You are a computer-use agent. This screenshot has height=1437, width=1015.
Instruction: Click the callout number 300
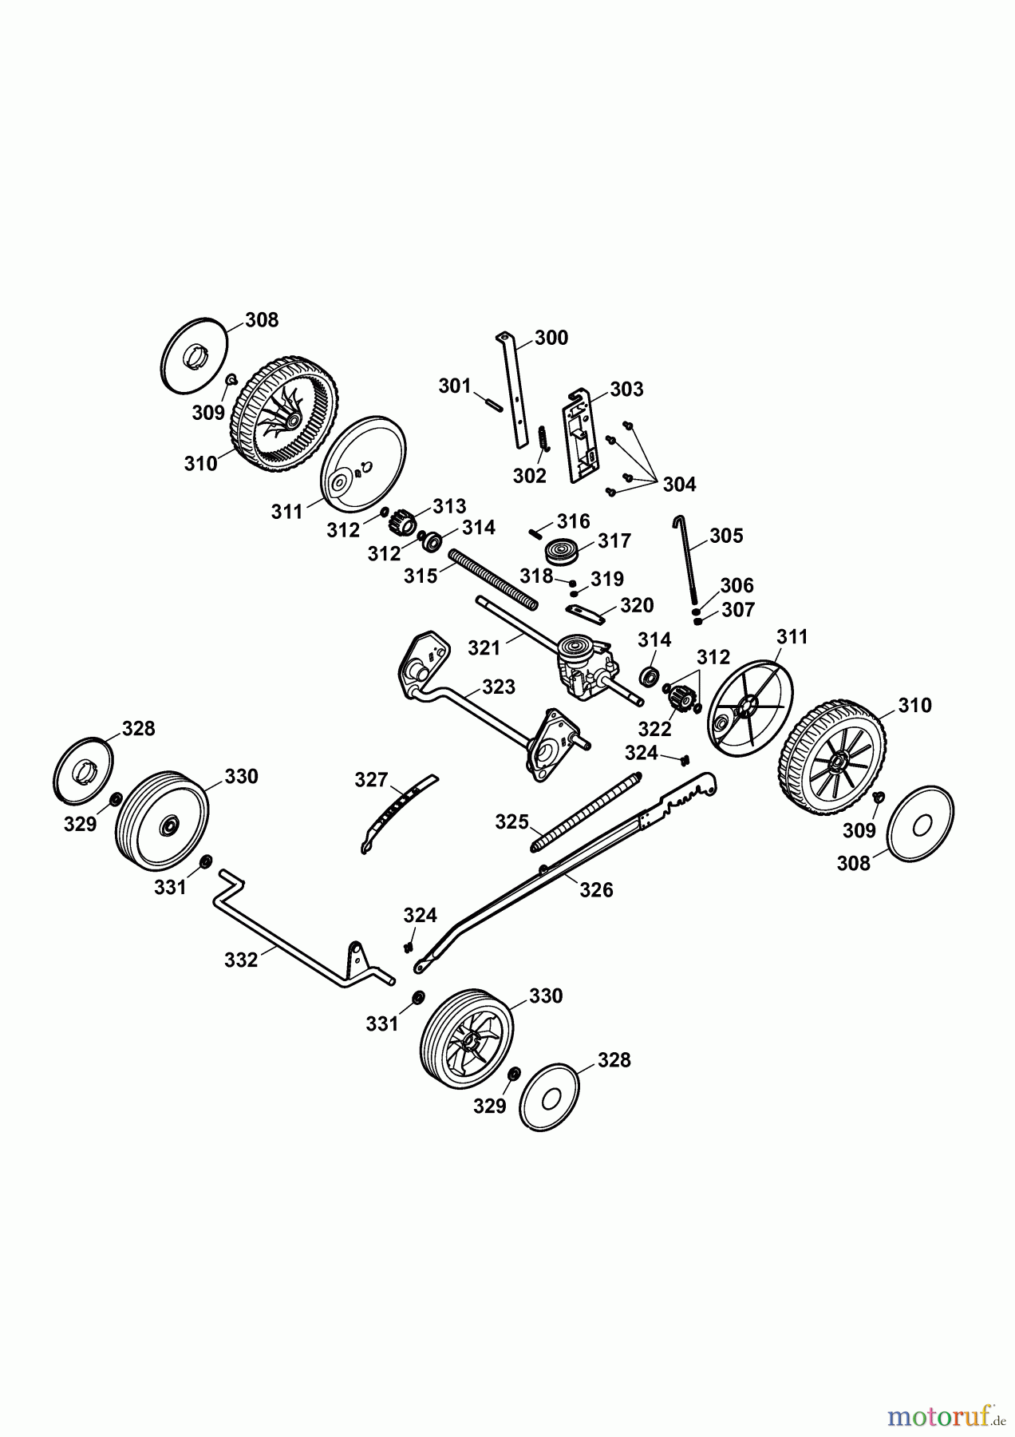(551, 338)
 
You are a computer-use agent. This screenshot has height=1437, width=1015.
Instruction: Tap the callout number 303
(626, 389)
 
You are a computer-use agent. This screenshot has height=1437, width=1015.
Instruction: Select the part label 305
(725, 536)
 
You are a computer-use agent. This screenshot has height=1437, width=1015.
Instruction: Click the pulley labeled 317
(561, 552)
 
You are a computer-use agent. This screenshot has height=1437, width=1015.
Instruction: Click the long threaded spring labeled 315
(494, 577)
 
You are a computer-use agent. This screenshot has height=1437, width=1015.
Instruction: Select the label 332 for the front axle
(241, 960)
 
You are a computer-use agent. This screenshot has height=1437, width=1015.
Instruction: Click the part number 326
(596, 889)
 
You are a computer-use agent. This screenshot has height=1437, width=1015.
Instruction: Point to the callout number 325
(511, 821)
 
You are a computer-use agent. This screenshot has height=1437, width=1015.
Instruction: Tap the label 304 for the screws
(679, 484)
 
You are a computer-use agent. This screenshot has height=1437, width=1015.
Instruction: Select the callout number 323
(499, 687)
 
